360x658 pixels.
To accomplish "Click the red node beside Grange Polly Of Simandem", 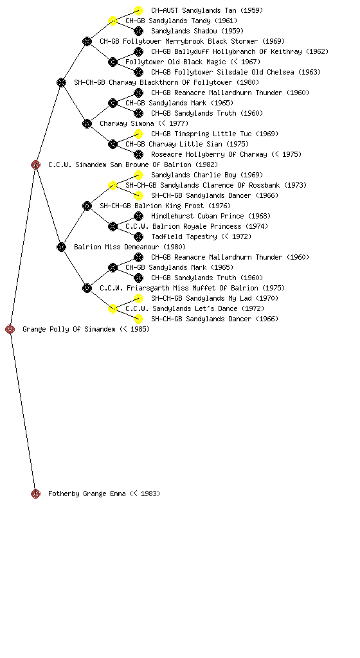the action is click(x=10, y=330).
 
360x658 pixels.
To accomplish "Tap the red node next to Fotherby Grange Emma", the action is click(x=35, y=494).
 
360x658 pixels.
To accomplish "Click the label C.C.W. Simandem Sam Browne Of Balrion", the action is click(x=133, y=165).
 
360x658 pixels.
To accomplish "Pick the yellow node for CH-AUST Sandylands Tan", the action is click(x=138, y=10).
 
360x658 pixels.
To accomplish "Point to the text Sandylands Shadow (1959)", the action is click(x=197, y=31).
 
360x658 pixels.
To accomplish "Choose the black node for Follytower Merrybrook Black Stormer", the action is click(x=87, y=42).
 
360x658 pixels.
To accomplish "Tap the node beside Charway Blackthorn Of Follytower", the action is click(x=61, y=83).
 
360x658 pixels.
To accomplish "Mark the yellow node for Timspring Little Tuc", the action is click(x=138, y=134).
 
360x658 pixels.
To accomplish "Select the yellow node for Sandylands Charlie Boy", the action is click(x=138, y=175).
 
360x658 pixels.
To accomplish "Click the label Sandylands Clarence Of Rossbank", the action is click(x=216, y=186).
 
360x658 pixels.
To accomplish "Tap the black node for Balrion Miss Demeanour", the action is click(x=61, y=247).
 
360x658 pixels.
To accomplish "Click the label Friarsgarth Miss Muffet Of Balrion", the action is click(x=192, y=289).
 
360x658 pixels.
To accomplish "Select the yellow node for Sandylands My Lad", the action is click(x=138, y=298).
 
